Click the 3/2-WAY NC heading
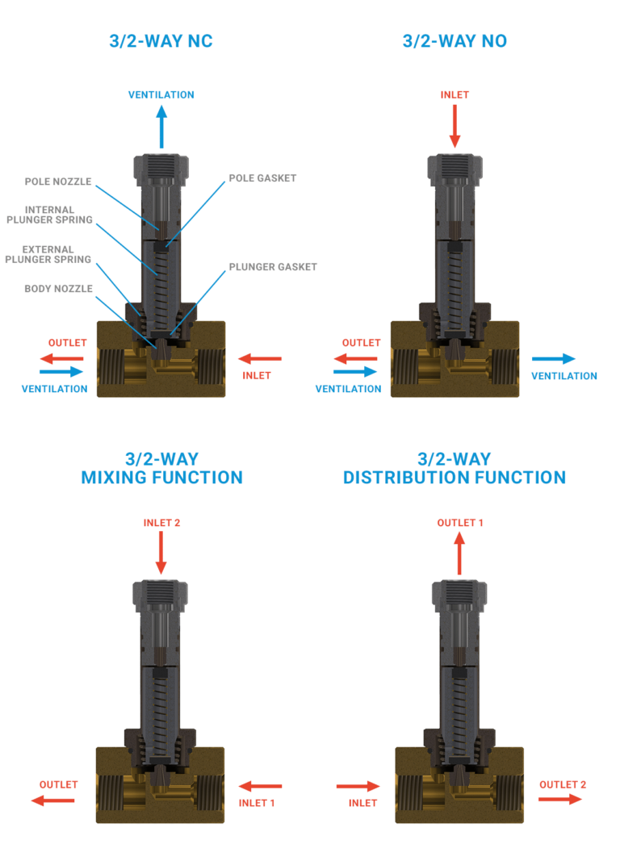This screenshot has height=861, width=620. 161,41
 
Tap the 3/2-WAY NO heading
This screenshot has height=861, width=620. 455,41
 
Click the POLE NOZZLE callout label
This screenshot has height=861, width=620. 58,182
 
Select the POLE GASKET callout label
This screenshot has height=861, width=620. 262,178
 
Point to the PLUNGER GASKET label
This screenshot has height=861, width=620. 273,267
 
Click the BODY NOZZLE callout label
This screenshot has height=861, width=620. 58,288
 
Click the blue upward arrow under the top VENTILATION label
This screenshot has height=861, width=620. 161,127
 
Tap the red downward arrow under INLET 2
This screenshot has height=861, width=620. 161,553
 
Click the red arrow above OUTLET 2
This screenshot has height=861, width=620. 560,799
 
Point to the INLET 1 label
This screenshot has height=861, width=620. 257,803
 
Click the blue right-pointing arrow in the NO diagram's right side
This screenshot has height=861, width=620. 554,359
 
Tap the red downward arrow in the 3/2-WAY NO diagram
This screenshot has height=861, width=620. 455,127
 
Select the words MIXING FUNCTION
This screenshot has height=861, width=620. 161,478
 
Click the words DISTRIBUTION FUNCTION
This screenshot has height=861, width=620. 455,478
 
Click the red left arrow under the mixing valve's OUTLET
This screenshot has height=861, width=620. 53,800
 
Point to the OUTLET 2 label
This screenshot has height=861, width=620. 563,784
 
